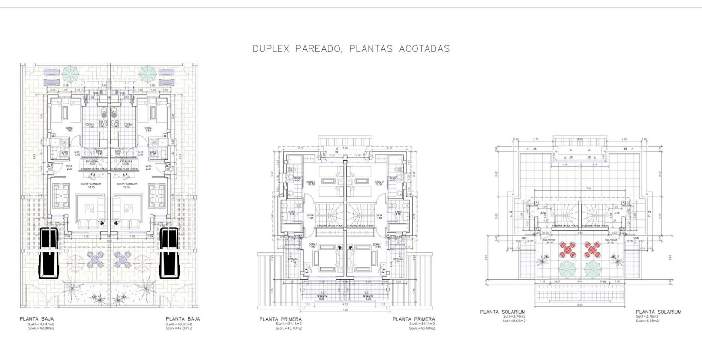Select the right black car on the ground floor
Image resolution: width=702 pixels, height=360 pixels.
click(x=169, y=253)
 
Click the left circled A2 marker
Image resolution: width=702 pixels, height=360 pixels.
click(x=50, y=166)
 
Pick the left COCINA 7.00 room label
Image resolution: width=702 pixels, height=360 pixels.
click(x=90, y=126)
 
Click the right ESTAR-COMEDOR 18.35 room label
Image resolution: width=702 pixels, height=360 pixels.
click(x=127, y=185)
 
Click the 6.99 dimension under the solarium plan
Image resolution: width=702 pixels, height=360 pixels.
click(x=579, y=305)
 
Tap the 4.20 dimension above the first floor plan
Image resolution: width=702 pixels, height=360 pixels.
click(x=345, y=148)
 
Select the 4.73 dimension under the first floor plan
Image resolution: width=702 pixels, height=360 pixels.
click(x=345, y=304)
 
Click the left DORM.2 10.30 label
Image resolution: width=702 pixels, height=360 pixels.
click(x=311, y=183)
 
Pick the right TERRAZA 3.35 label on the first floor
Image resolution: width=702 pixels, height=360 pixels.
click(x=398, y=260)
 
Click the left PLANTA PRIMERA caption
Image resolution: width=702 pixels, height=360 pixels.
click(x=280, y=319)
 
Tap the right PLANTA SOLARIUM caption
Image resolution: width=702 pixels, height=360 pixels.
click(x=658, y=312)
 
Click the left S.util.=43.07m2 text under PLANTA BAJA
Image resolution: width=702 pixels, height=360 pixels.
click(x=41, y=324)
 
